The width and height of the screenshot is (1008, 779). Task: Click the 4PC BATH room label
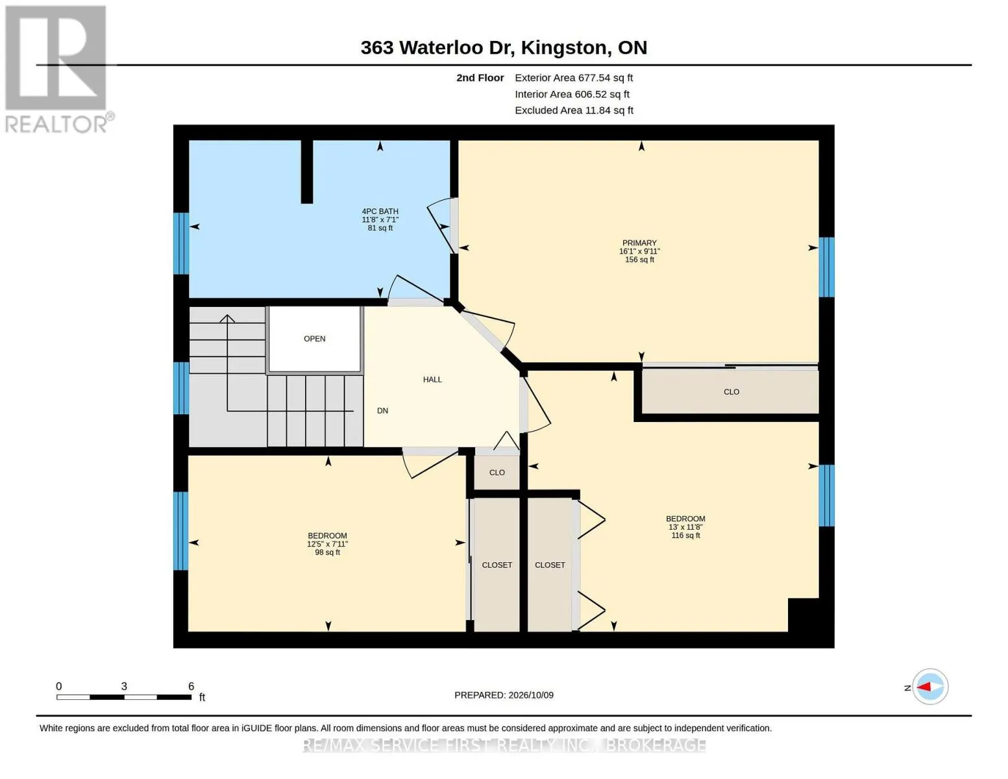(x=380, y=212)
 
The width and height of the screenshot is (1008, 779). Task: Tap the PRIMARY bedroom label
(x=639, y=243)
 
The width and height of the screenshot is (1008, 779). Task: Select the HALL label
(x=432, y=380)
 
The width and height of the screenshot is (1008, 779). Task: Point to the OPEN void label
(x=315, y=339)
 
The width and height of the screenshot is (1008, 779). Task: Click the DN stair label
(x=383, y=411)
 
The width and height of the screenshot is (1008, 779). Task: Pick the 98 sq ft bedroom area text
(x=328, y=552)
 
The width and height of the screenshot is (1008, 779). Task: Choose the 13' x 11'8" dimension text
(x=685, y=527)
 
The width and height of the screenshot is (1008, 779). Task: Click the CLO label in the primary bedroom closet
(x=731, y=392)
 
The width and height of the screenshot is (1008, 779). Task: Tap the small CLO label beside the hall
(x=497, y=473)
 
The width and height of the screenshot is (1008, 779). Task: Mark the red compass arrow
(x=924, y=687)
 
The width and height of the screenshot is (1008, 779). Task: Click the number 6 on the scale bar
(x=191, y=686)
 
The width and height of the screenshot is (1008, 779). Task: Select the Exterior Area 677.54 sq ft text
(x=574, y=78)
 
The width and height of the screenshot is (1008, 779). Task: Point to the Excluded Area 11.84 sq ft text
(x=574, y=110)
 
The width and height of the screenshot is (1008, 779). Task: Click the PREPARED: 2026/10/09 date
(x=504, y=695)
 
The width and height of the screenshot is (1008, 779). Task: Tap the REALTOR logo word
(x=56, y=124)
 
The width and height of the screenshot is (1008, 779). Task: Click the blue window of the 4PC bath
(x=181, y=243)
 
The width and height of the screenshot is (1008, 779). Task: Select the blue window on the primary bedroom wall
(x=827, y=267)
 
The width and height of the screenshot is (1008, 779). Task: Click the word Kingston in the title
(x=563, y=47)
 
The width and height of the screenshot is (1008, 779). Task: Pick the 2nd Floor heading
(x=480, y=78)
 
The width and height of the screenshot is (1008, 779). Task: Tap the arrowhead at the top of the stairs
(x=227, y=318)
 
